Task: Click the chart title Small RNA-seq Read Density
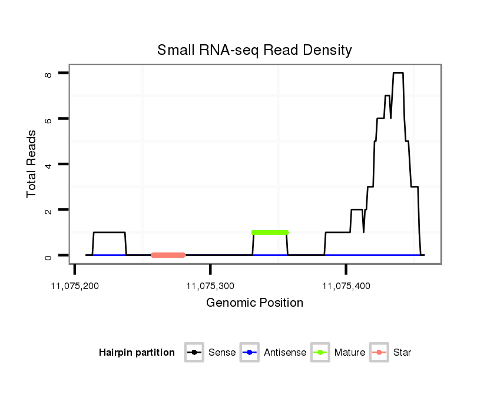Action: click(254, 50)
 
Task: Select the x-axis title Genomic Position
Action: click(254, 303)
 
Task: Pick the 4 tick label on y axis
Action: click(49, 164)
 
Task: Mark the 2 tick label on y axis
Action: click(49, 210)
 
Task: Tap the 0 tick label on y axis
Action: click(49, 255)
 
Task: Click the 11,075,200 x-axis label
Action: click(75, 286)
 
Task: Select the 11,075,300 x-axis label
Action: click(210, 286)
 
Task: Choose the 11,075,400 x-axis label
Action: click(346, 286)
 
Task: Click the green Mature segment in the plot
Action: click(270, 232)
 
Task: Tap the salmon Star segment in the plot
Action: click(168, 255)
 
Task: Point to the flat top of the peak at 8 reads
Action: click(398, 73)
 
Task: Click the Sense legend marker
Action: click(194, 353)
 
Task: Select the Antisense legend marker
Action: click(250, 353)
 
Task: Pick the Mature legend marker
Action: click(320, 353)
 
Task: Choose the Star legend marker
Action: click(379, 353)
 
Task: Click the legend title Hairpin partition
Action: click(137, 353)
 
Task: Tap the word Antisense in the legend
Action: click(285, 353)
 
